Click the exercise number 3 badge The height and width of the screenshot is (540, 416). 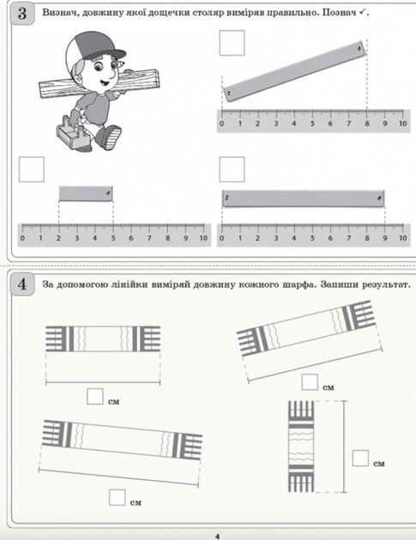(22, 14)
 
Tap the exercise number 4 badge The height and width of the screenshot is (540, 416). (22, 284)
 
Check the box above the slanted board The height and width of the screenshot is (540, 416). (232, 43)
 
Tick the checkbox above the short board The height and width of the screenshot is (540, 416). (32, 170)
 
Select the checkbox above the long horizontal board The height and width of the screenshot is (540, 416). (232, 170)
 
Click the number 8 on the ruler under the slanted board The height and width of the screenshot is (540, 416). (367, 123)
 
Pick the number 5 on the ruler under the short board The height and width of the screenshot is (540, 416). (113, 238)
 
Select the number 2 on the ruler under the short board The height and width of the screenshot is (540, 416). (58, 238)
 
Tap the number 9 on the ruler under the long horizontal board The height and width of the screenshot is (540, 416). (385, 238)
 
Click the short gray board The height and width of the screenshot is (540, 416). (86, 194)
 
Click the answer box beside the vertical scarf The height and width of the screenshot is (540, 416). (360, 458)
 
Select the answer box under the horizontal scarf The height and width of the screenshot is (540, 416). (95, 396)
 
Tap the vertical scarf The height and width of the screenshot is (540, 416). (301, 447)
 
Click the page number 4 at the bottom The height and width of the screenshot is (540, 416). (217, 537)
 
